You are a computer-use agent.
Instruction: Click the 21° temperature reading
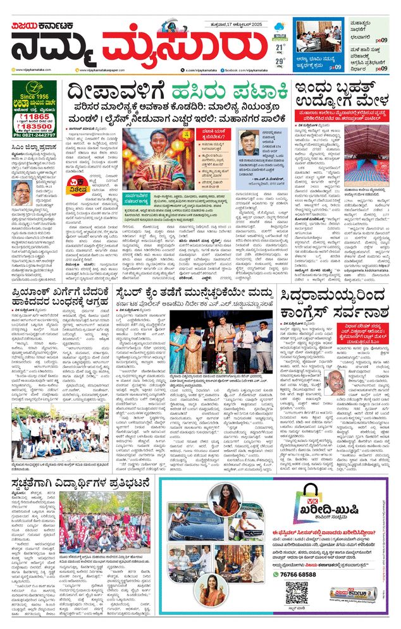[280, 46]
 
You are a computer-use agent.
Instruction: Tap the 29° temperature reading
[280, 61]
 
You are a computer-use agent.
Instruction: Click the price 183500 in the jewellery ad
[34, 127]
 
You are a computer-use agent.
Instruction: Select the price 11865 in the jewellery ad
[28, 117]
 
